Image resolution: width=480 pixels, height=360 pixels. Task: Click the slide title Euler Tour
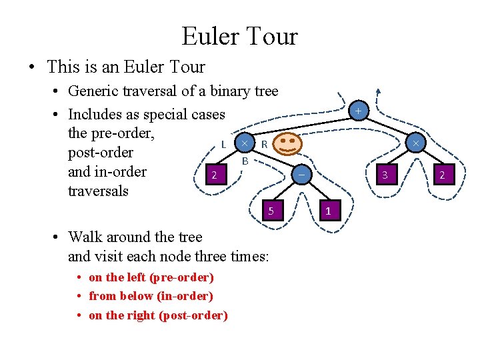pyautogui.click(x=239, y=35)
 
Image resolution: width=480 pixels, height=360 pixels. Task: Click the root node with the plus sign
pyautogui.click(x=359, y=111)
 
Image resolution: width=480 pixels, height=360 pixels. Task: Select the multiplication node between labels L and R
pyautogui.click(x=245, y=143)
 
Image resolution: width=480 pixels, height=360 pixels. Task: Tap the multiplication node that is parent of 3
pyautogui.click(x=415, y=143)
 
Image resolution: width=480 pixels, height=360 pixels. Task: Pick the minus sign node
pyautogui.click(x=301, y=175)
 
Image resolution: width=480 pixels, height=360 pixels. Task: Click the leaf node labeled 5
pyautogui.click(x=271, y=211)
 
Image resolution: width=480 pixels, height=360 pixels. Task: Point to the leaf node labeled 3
pyautogui.click(x=385, y=175)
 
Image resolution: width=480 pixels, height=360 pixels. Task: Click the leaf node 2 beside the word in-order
pyautogui.click(x=213, y=175)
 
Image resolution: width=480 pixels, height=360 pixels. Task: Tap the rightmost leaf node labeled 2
pyautogui.click(x=441, y=175)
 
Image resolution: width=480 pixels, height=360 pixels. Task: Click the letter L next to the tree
pyautogui.click(x=224, y=143)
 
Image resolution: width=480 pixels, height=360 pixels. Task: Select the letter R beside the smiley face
pyautogui.click(x=264, y=143)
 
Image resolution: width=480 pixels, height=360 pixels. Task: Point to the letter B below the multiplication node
pyautogui.click(x=245, y=161)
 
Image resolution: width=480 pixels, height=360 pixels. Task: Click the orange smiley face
pyautogui.click(x=287, y=143)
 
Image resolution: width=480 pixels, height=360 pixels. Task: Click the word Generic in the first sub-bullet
pyautogui.click(x=91, y=91)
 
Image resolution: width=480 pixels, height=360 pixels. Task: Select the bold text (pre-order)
pyautogui.click(x=179, y=277)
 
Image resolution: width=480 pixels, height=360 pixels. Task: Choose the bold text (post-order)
pyautogui.click(x=193, y=315)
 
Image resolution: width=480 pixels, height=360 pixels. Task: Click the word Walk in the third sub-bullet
pyautogui.click(x=84, y=237)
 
